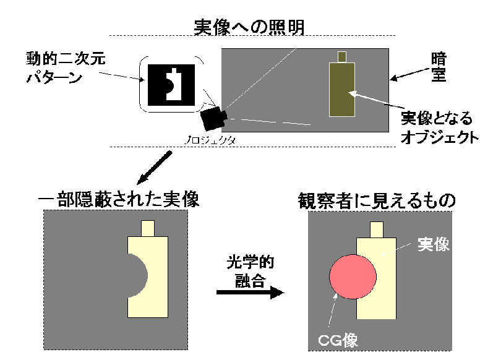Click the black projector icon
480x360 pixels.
click(214, 116)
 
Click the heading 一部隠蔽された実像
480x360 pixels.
click(117, 200)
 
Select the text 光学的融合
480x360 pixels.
click(249, 270)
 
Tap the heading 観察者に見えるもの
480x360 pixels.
click(377, 200)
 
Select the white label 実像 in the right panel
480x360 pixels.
click(433, 245)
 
